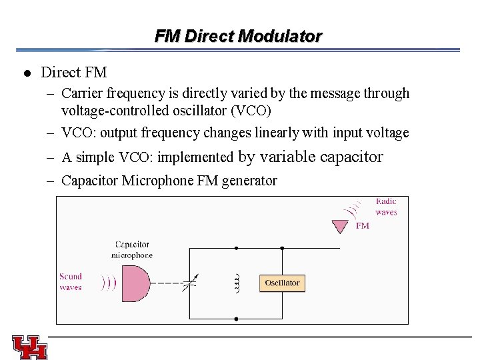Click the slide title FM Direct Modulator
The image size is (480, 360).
(x=238, y=36)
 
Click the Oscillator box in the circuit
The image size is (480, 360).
(x=282, y=283)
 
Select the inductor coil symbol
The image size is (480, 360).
(x=236, y=283)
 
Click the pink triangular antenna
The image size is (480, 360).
(x=340, y=227)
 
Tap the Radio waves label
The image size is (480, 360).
(x=386, y=207)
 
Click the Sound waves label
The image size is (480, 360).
(x=71, y=281)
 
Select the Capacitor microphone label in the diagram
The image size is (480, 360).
(x=132, y=249)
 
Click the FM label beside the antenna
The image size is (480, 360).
(x=362, y=226)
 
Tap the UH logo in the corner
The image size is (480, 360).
(x=29, y=346)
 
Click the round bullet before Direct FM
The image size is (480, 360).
(x=25, y=73)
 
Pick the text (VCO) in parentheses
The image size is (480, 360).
(x=250, y=110)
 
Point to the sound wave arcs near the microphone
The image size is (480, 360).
(x=108, y=283)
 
